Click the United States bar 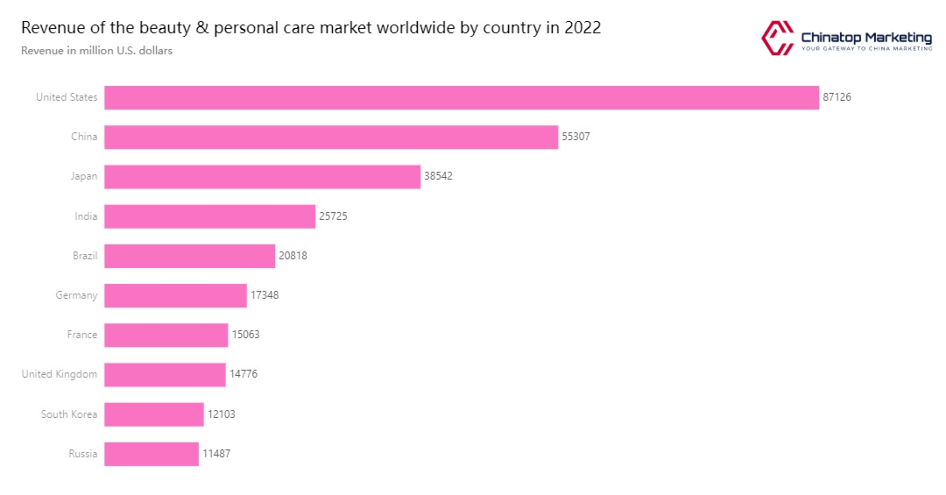tap(462, 97)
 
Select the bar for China tap(331, 137)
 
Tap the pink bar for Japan tap(262, 176)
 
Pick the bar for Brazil tap(189, 256)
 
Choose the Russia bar tap(152, 454)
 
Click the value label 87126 tap(837, 97)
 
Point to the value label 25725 tap(333, 216)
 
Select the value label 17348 tap(265, 295)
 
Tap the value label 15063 tap(245, 335)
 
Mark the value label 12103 tap(221, 414)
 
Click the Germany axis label tap(76, 295)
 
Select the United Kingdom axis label tap(60, 374)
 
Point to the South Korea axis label tap(69, 414)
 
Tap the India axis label tap(86, 216)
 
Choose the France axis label tap(82, 335)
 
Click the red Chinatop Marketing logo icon tap(777, 38)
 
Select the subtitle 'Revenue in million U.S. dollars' tap(96, 51)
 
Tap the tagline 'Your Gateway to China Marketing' tap(866, 50)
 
